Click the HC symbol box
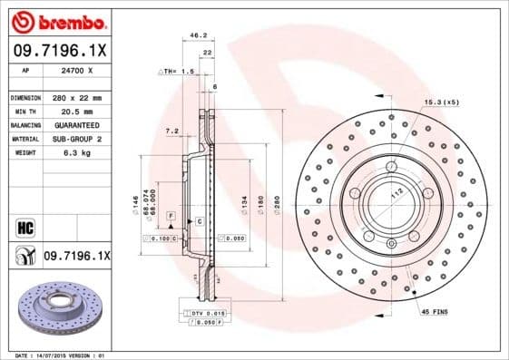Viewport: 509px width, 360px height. [24, 227]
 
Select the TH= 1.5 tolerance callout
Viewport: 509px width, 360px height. [177, 71]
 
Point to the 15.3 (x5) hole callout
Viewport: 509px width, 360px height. [441, 102]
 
